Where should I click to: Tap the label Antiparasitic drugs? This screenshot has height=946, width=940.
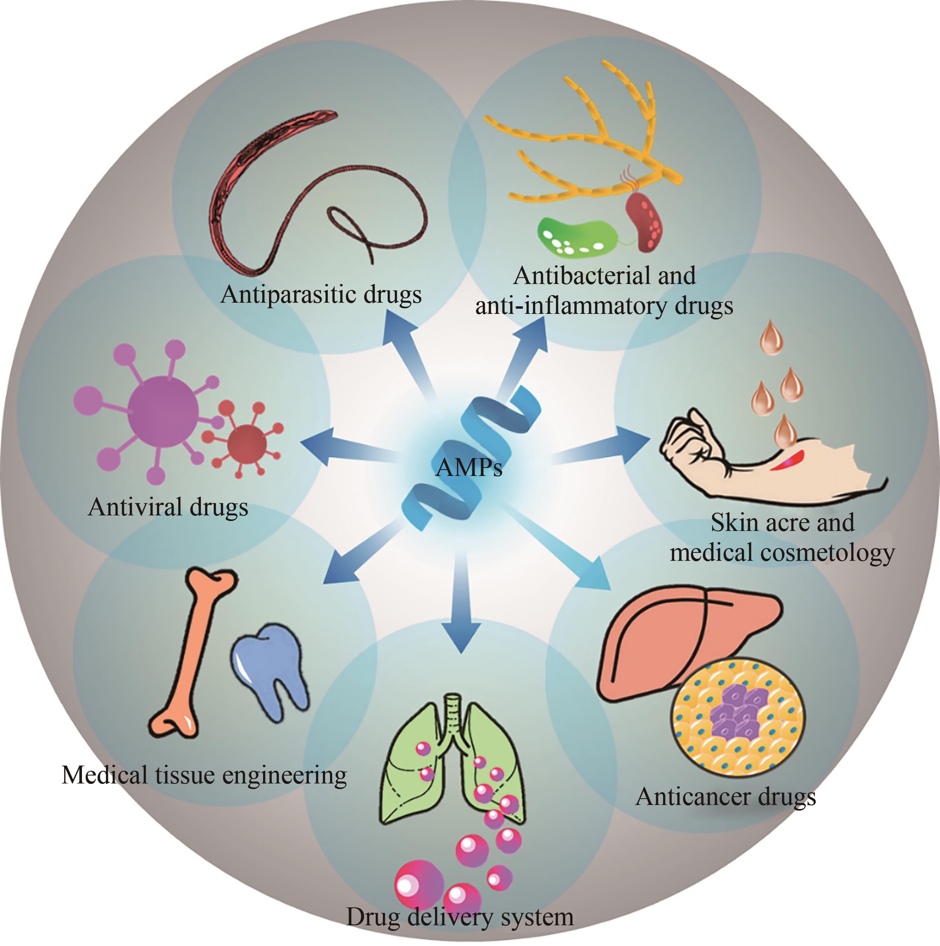321,295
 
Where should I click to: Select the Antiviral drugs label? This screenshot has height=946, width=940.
168,507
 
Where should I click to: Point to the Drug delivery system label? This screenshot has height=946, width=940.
460,917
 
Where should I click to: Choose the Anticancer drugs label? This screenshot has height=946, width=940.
725,796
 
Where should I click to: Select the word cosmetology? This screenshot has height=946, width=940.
827,553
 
